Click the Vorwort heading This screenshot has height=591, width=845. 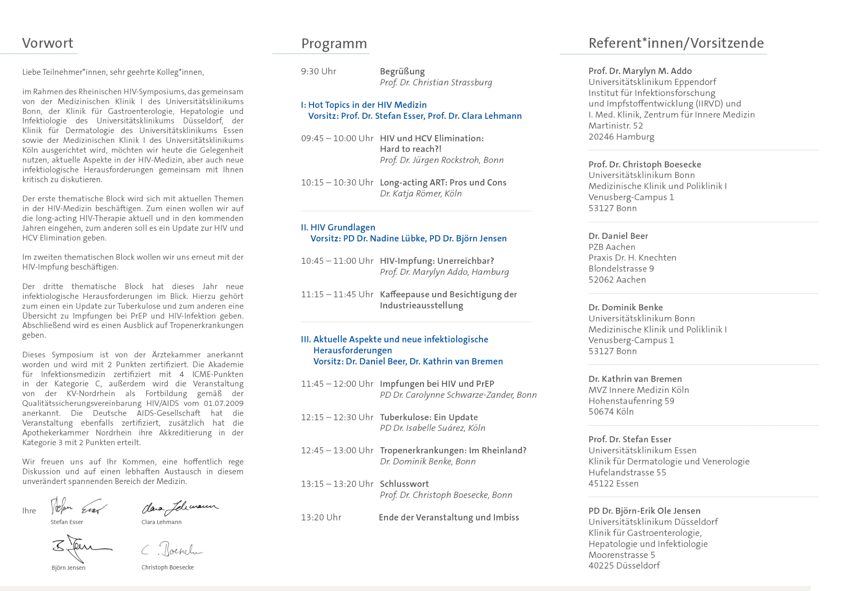(48, 43)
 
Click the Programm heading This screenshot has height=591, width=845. (334, 44)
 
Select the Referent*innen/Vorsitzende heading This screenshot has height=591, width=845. (676, 43)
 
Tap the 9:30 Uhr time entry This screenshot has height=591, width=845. (319, 71)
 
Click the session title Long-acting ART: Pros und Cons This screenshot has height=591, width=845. (443, 183)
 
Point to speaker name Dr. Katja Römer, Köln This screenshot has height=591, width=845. (420, 194)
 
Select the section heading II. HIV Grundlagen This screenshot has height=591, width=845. (338, 227)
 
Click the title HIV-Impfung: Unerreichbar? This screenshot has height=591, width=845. (437, 261)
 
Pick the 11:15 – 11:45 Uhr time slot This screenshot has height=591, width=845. (337, 294)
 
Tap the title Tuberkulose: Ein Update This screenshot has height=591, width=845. (429, 417)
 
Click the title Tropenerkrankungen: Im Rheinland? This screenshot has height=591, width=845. (453, 451)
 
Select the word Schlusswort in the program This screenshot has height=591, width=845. (404, 484)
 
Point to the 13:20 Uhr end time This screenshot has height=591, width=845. (321, 517)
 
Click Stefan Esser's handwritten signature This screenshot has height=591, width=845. (78, 506)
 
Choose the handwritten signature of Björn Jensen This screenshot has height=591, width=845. (80, 547)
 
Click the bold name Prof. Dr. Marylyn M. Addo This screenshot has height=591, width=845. (640, 71)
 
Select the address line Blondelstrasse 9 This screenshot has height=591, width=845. (621, 269)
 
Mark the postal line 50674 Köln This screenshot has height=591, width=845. (611, 412)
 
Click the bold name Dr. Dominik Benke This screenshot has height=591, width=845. (625, 308)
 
